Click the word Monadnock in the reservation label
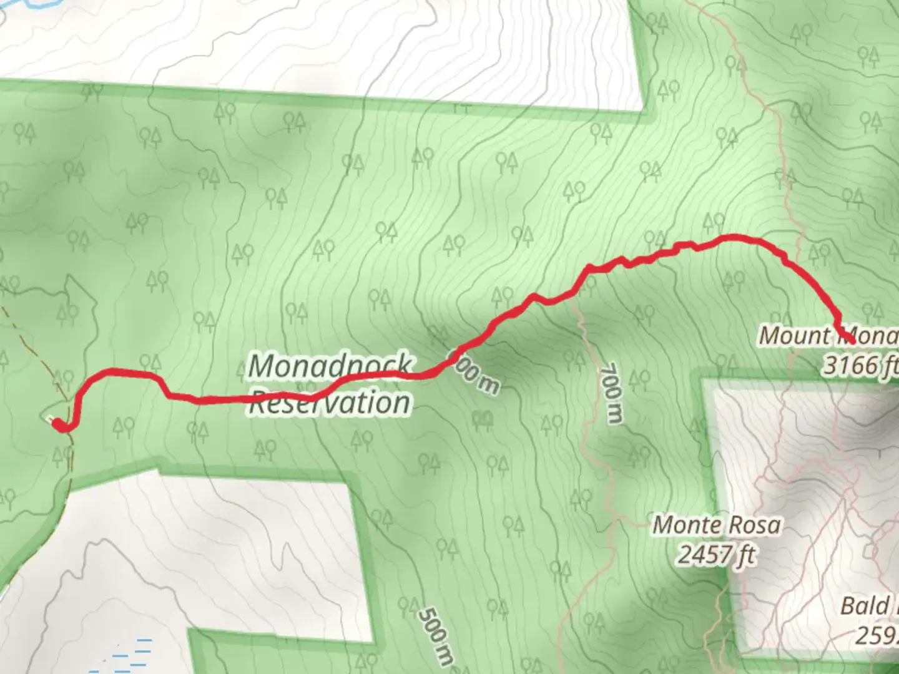(330, 366)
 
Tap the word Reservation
(330, 403)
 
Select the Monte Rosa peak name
(716, 525)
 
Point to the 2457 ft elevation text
(716, 554)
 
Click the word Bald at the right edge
(865, 606)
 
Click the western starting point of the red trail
(58, 425)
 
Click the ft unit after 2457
(747, 554)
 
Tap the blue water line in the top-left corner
(31, 3)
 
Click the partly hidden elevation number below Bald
(877, 635)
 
